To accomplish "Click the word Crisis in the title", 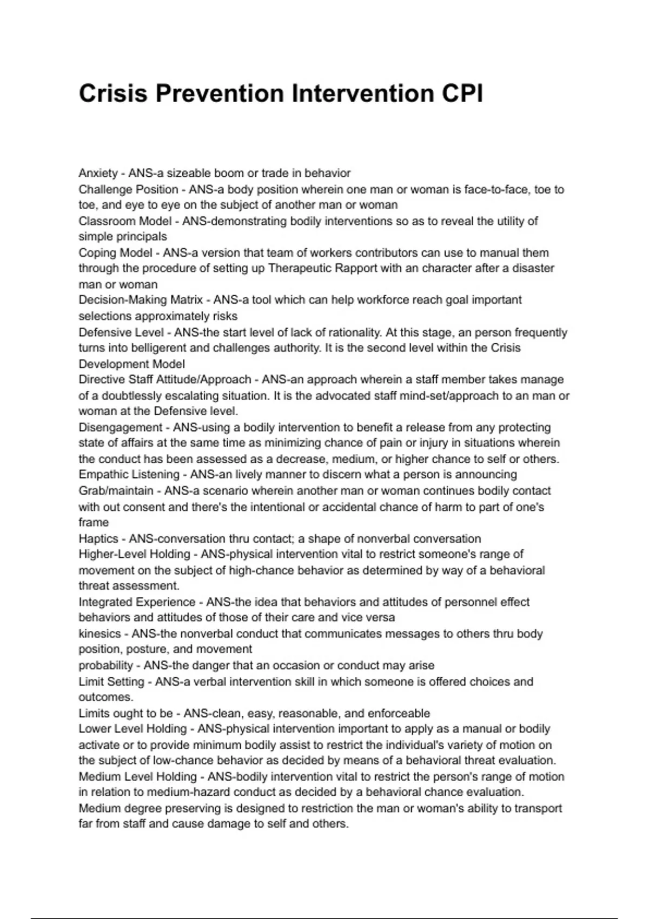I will point(113,94).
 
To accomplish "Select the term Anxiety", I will point(98,174).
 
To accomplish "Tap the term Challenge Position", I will point(128,190).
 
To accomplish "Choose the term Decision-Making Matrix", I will point(140,300).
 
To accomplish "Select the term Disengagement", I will point(120,428).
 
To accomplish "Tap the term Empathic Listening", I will point(129,475).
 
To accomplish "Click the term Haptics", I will point(98,539).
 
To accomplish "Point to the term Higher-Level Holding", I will point(134,554).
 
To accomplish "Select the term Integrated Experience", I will point(137,602).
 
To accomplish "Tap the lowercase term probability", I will point(105,665).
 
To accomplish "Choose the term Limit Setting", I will point(111,682).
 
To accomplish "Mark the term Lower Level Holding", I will point(133,729).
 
